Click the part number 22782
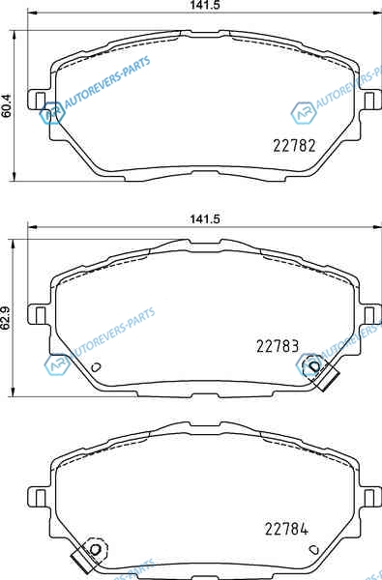coord(294,145)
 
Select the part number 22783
coord(278,346)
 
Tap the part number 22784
coord(286,529)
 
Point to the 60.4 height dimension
coord(7,106)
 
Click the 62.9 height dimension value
coord(6,317)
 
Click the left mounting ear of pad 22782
coord(39,100)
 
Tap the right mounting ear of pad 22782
coord(370,100)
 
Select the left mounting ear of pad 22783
coord(39,314)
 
